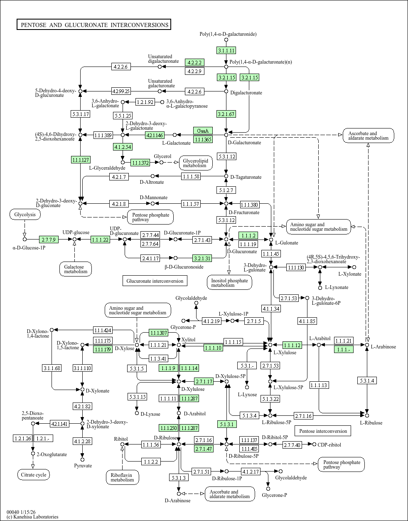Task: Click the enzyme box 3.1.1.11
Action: (226, 50)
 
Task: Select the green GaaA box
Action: (203, 131)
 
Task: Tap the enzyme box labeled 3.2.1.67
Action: (226, 114)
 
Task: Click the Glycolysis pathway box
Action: (25, 215)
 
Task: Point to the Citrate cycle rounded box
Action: (33, 475)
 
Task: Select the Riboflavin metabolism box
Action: (122, 477)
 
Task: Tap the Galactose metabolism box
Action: (75, 269)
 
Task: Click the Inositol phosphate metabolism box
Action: (229, 283)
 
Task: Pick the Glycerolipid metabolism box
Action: (196, 163)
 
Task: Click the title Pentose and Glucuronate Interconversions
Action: (94, 25)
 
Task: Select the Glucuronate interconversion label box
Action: (155, 281)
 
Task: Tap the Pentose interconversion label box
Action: (323, 431)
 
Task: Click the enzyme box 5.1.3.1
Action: (226, 424)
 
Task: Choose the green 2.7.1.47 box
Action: (204, 449)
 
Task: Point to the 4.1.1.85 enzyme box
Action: (307, 321)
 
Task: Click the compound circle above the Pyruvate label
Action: (82, 459)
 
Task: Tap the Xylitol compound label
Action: (189, 340)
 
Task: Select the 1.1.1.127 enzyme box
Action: (81, 160)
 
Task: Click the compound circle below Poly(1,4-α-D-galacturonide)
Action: (226, 40)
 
